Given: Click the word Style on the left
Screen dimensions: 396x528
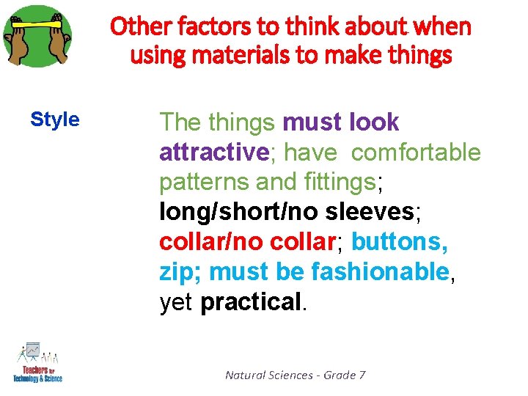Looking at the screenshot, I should tap(55, 120).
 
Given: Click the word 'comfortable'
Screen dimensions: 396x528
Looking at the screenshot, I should tap(416, 153).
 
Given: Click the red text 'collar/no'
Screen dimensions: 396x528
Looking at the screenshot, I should tap(212, 242).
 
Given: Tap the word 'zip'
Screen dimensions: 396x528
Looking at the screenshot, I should tap(176, 272).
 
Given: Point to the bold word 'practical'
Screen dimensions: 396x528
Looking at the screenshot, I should tap(250, 301).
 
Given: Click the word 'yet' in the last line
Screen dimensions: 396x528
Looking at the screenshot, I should tap(176, 302).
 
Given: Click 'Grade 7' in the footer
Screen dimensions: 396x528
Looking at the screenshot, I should tap(345, 375).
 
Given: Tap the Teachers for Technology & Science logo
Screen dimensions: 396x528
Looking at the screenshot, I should tap(37, 362).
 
